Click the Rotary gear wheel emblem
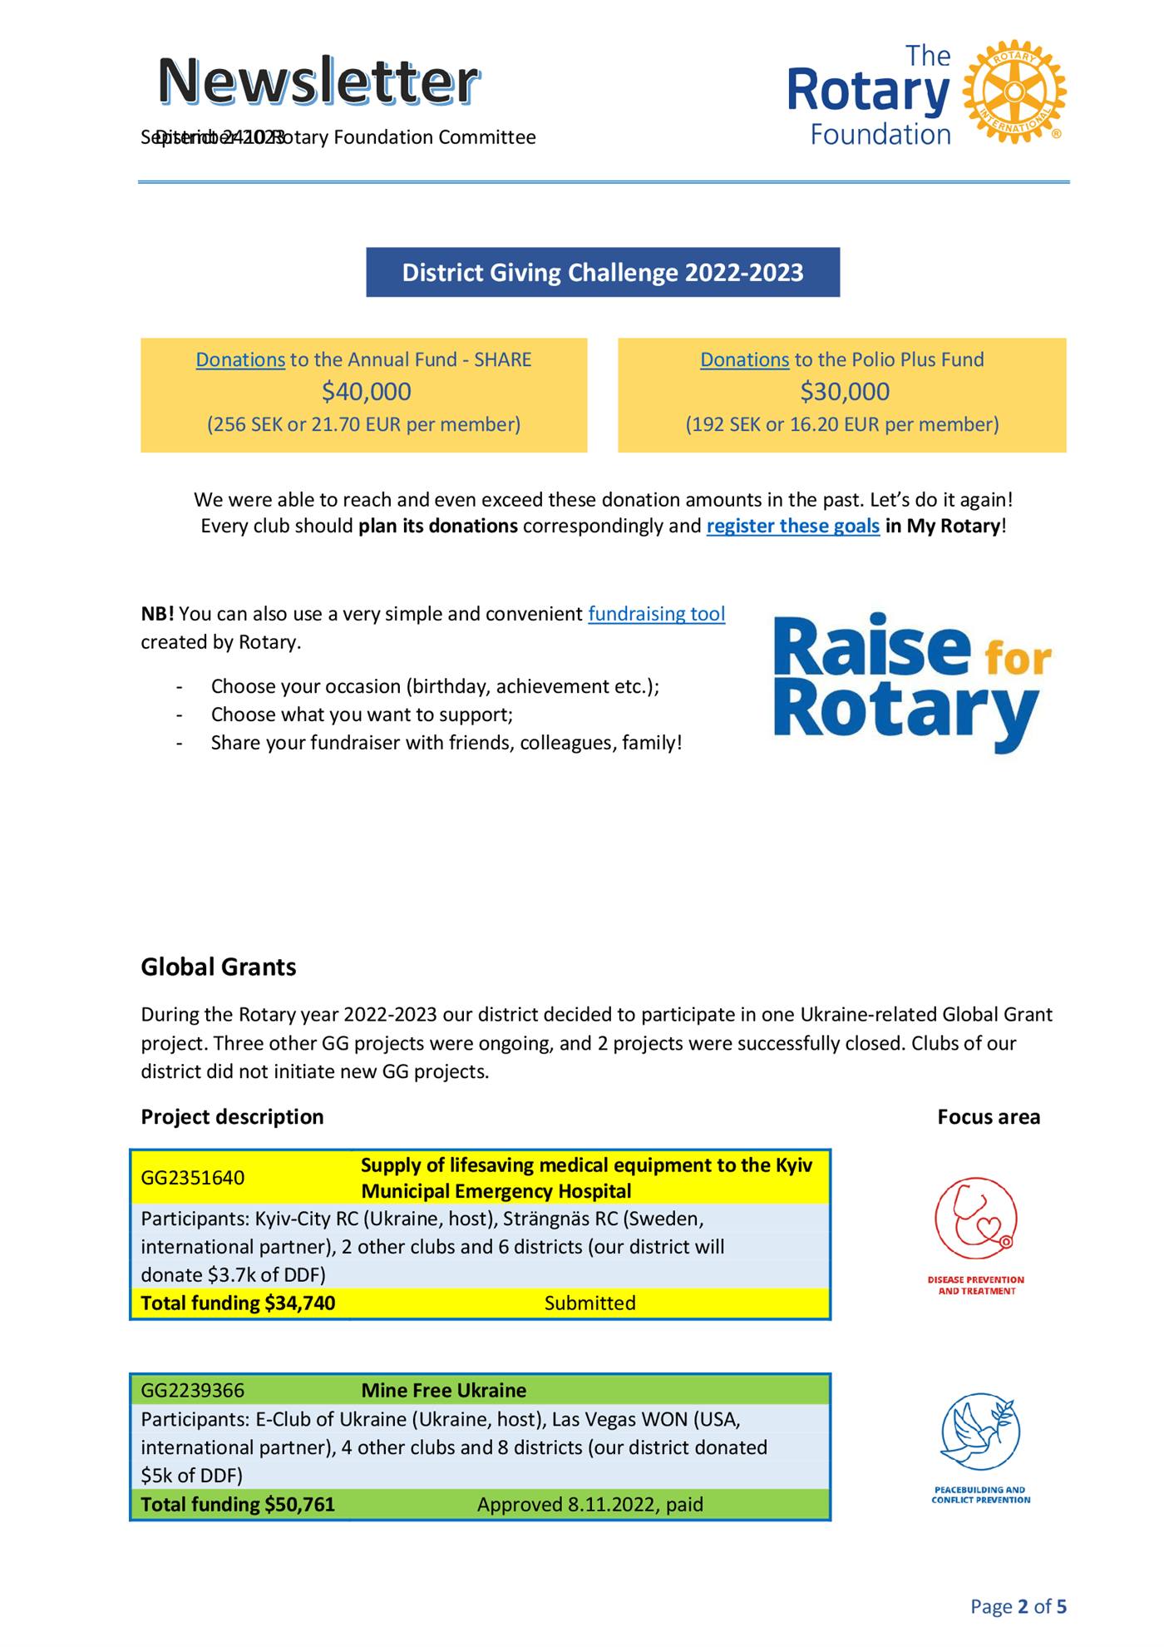[1014, 91]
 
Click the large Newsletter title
[318, 82]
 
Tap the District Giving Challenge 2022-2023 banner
[603, 273]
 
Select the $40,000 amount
[366, 392]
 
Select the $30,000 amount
[844, 392]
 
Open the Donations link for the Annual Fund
[240, 359]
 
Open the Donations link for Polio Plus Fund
[744, 359]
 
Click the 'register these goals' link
[792, 526]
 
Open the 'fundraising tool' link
[656, 614]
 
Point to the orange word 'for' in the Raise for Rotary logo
[1018, 659]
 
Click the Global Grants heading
[219, 967]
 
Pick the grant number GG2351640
[193, 1178]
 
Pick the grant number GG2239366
[193, 1390]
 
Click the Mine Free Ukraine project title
[443, 1390]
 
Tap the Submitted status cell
[589, 1303]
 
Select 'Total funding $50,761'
[238, 1504]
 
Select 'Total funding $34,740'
[238, 1303]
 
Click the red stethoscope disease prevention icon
[976, 1219]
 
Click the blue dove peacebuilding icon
[980, 1432]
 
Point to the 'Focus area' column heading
[988, 1116]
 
